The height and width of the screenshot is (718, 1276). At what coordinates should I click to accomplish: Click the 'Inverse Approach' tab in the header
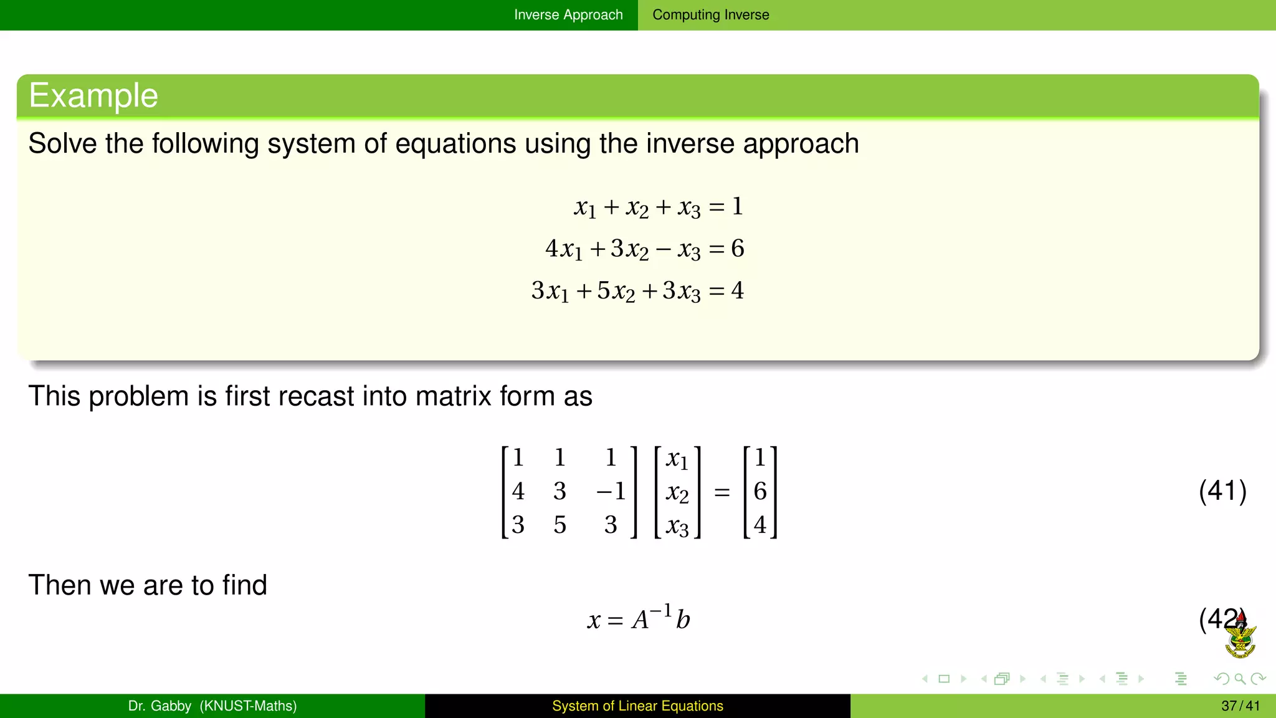(x=568, y=15)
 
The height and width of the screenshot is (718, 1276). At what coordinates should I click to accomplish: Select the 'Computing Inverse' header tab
(x=710, y=15)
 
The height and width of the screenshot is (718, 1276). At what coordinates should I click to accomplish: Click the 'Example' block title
(x=93, y=95)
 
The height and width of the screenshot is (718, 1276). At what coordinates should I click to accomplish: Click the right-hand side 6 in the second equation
(x=738, y=249)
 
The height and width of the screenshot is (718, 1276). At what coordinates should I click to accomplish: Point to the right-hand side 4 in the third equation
(x=738, y=290)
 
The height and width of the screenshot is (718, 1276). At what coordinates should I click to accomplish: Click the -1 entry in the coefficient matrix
(x=611, y=491)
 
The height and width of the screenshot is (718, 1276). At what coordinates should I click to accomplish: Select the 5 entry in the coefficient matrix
(x=559, y=525)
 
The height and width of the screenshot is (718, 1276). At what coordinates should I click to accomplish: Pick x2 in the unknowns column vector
(x=677, y=492)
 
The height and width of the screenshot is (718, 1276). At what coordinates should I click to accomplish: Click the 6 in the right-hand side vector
(x=760, y=491)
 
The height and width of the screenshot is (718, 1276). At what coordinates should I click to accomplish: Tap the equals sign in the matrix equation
(x=722, y=493)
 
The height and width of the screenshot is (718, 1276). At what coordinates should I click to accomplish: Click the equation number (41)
(x=1222, y=491)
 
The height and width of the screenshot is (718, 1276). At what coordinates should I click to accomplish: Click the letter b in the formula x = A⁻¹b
(x=683, y=620)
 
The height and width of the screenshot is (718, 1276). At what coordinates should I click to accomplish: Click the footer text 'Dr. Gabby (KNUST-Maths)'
(x=212, y=706)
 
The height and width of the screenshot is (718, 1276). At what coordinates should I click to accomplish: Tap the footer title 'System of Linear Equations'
(x=637, y=706)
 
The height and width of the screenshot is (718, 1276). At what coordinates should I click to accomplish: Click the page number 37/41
(x=1240, y=706)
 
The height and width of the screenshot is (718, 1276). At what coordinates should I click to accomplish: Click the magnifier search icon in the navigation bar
(x=1240, y=679)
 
